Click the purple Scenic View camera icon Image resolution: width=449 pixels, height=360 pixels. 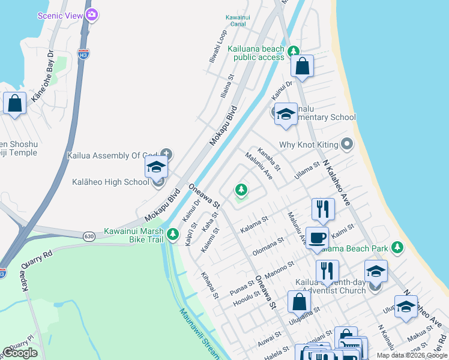click(x=91, y=16)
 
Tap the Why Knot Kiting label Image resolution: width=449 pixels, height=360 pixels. click(x=309, y=145)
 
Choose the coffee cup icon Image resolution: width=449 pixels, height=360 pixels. click(x=317, y=237)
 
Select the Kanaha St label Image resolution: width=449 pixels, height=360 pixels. click(x=268, y=160)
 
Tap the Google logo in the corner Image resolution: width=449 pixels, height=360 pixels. click(x=20, y=353)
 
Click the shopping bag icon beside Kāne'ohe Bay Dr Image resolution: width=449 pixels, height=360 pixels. click(x=14, y=103)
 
